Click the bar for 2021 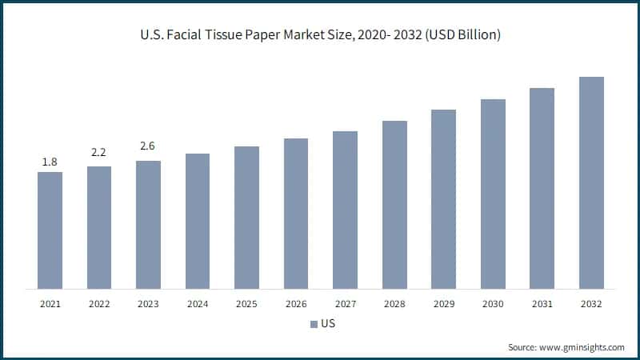tap(50, 230)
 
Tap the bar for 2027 tap(345, 209)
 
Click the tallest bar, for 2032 tap(591, 182)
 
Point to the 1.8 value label tap(50, 162)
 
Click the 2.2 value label tap(99, 152)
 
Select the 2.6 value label tap(148, 146)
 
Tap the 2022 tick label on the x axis tap(99, 304)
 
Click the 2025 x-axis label tap(246, 304)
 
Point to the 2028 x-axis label tap(394, 304)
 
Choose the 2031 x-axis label tap(542, 304)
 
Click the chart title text tap(320, 37)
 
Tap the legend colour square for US tap(313, 325)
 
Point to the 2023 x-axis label tap(148, 304)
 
